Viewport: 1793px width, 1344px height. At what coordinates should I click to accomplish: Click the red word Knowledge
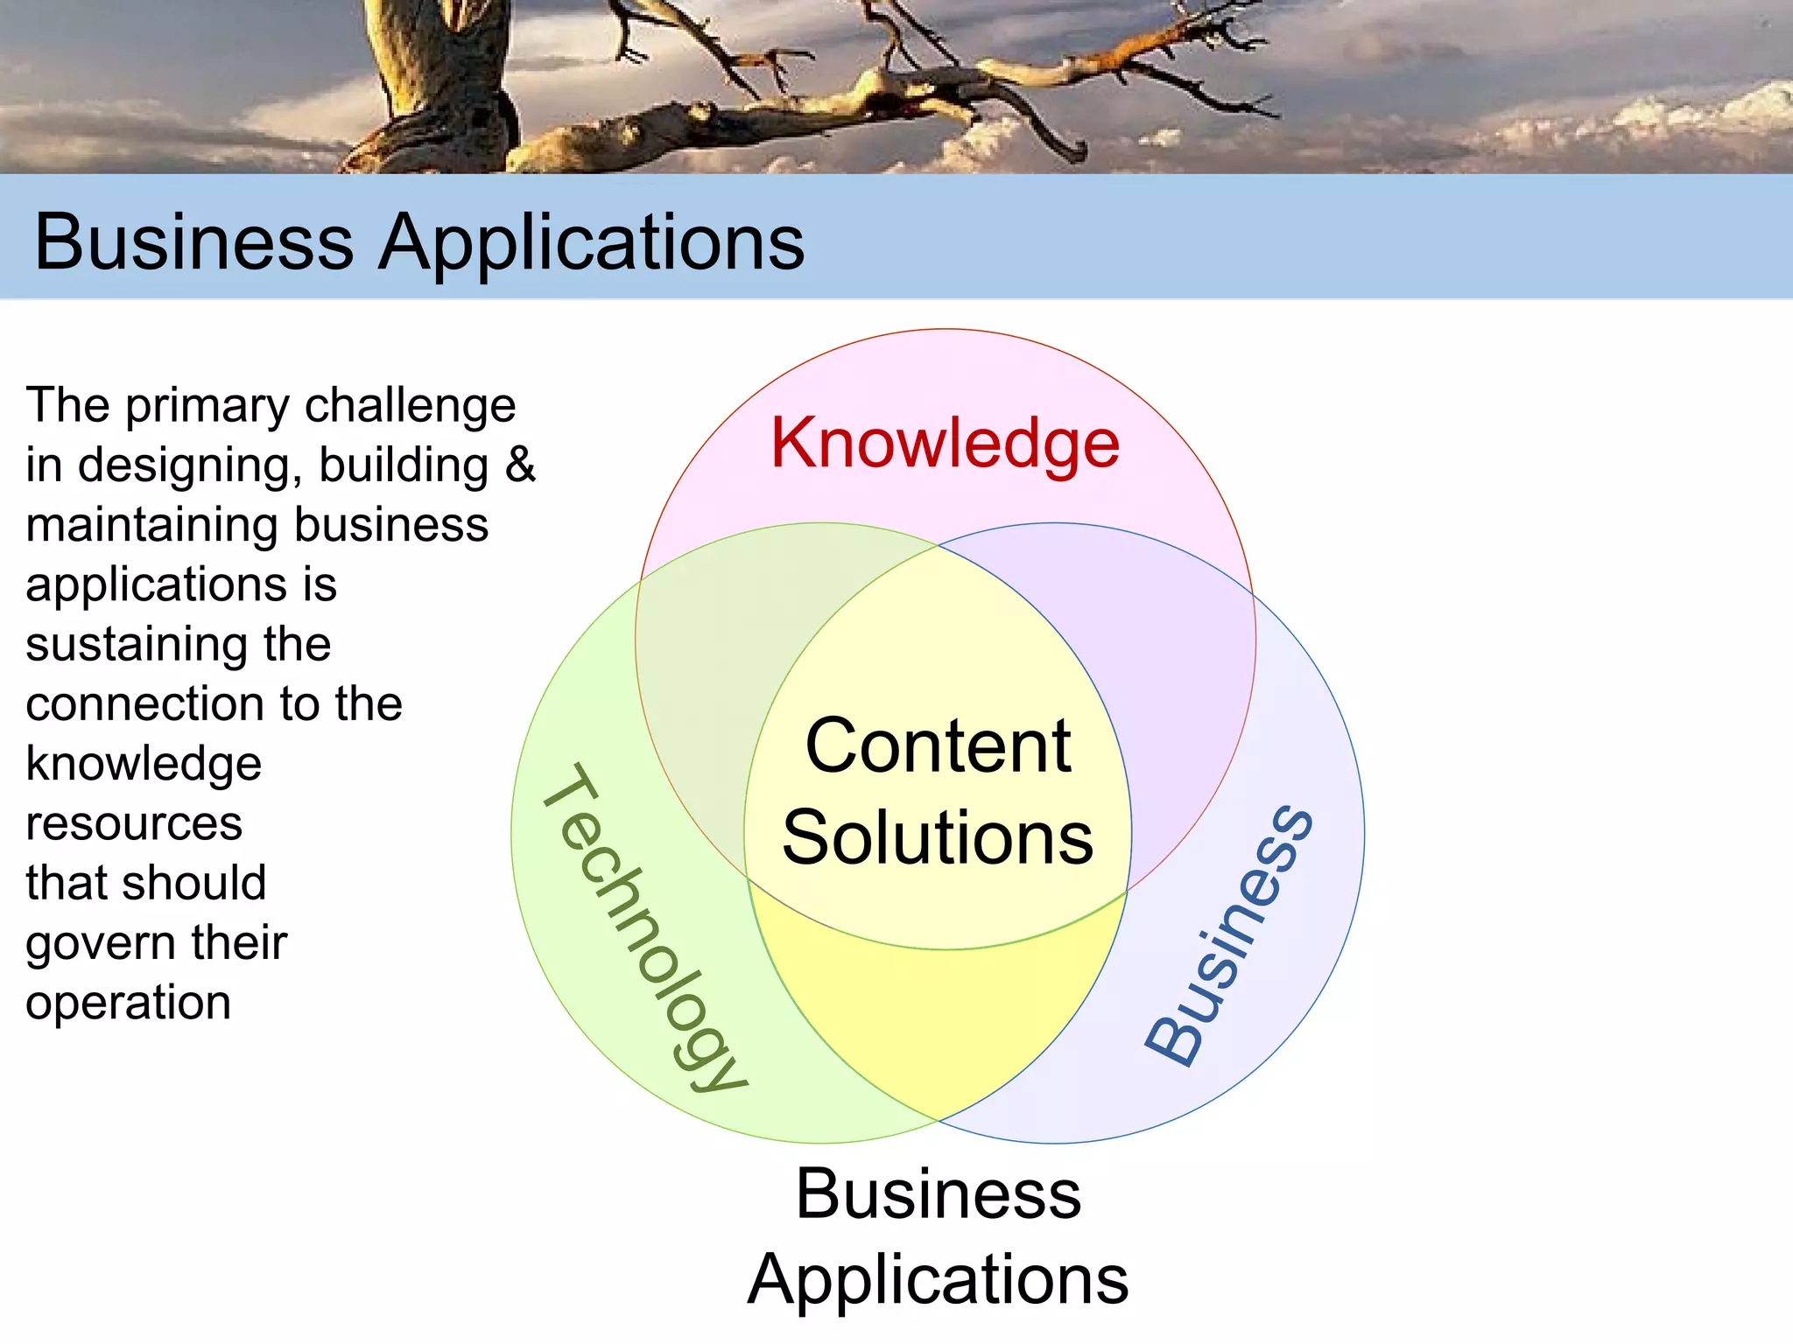click(945, 444)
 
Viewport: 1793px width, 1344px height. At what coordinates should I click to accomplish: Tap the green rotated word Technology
click(645, 927)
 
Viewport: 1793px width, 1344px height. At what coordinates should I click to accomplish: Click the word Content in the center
click(938, 746)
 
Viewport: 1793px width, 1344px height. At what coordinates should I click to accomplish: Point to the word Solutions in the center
click(938, 838)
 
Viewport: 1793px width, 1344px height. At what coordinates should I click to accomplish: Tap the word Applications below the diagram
click(939, 1280)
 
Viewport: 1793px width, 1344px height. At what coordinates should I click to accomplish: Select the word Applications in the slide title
click(592, 243)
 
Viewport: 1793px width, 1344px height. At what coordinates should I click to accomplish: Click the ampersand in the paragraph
click(520, 465)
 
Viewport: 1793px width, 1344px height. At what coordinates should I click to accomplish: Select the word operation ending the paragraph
click(129, 1003)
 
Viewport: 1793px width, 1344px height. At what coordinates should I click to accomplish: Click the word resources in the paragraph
click(134, 824)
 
